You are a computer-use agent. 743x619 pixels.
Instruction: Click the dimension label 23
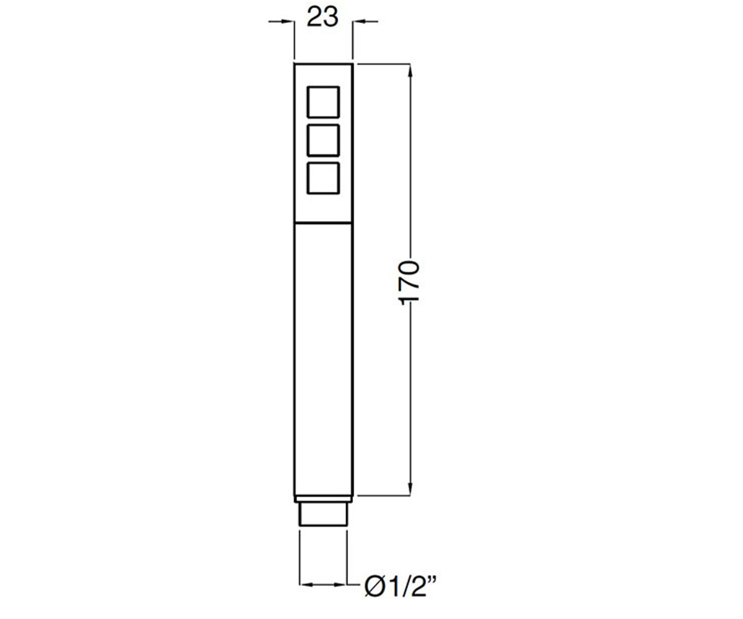point(323,17)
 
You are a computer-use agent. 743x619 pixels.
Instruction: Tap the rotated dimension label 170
point(409,283)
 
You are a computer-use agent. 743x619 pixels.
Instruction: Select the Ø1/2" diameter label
point(400,587)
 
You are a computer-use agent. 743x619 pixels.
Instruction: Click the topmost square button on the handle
point(323,102)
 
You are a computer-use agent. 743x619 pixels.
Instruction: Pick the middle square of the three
point(323,140)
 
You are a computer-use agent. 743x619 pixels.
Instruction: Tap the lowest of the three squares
point(323,178)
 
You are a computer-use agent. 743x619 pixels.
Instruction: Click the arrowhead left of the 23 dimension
point(287,21)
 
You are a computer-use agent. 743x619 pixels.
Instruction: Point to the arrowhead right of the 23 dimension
point(359,21)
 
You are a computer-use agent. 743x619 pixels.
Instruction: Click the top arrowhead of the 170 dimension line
point(410,71)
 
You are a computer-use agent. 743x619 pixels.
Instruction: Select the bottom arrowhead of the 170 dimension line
point(410,488)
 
